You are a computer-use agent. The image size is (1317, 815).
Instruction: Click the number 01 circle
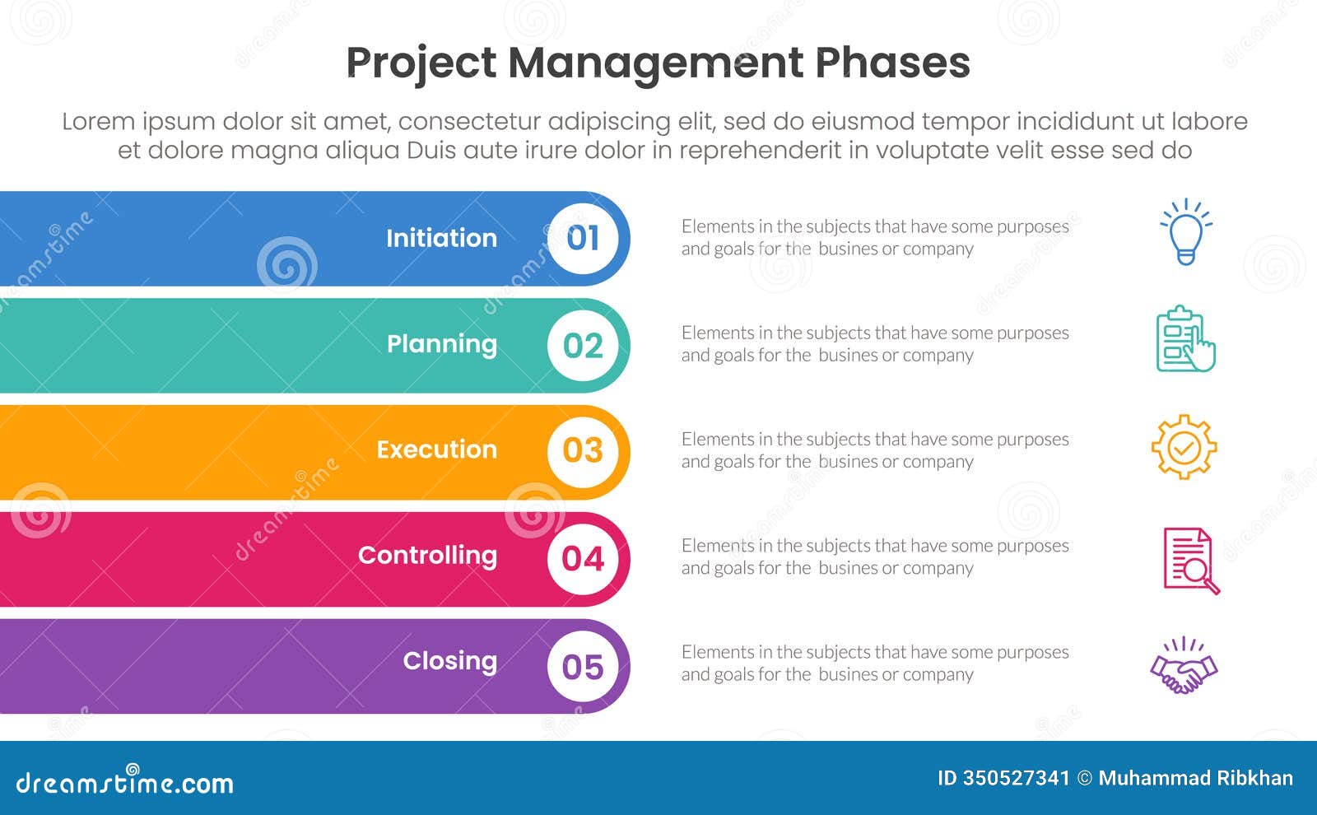coord(583,239)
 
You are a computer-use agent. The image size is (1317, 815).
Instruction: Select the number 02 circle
coord(583,345)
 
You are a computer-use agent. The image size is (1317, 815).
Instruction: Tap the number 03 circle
coord(583,451)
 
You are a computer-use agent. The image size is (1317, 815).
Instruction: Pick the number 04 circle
coord(583,558)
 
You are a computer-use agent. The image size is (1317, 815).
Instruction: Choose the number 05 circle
coord(583,666)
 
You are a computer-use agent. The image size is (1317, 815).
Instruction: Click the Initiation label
coord(441,238)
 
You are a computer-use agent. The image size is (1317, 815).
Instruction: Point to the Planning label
coord(442,344)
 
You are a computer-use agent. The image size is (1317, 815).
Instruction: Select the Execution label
coord(437,449)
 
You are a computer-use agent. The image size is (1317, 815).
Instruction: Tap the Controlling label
coord(427,556)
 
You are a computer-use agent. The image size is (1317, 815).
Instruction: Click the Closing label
coord(449,661)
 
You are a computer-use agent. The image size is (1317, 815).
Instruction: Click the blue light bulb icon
coord(1185,232)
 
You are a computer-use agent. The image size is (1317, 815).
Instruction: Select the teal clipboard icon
coord(1185,339)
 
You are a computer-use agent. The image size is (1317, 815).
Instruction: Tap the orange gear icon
coord(1184,447)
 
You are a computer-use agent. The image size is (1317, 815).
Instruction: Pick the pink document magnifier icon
coord(1190,561)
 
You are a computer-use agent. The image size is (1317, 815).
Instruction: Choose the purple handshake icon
coord(1184,667)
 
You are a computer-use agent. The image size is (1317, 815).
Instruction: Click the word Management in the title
coord(655,63)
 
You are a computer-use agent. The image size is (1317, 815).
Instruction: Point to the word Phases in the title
coord(892,63)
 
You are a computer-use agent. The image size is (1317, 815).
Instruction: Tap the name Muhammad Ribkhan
coord(1195,778)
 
